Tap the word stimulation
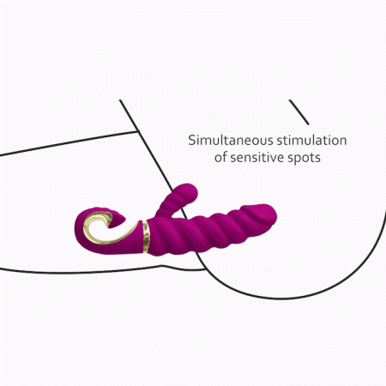[x=312, y=141]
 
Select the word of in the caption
[x=220, y=157]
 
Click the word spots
[x=305, y=159]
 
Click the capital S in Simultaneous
[x=192, y=141]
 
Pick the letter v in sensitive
[x=273, y=159]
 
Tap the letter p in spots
[x=299, y=160]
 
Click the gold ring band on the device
[x=146, y=237]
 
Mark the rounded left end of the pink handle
[x=75, y=229]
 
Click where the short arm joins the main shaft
[x=166, y=217]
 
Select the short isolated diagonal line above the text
[x=299, y=112]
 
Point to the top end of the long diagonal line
[x=120, y=100]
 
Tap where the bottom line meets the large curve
[x=205, y=269]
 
